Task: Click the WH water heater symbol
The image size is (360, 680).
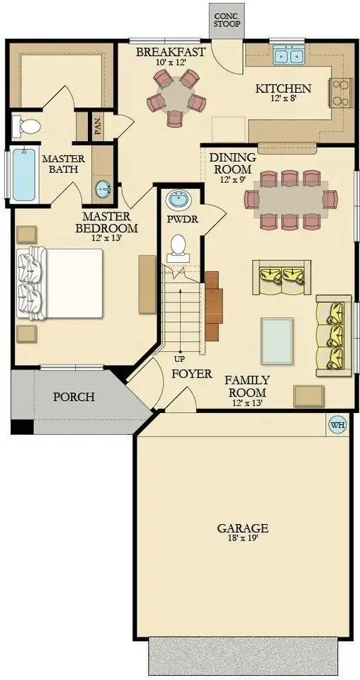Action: click(337, 425)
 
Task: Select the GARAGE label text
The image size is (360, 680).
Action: click(242, 528)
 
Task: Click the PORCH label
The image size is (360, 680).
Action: click(74, 397)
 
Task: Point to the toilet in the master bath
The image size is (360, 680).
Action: click(28, 127)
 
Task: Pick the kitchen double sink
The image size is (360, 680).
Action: click(289, 55)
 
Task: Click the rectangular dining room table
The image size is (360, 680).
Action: click(291, 200)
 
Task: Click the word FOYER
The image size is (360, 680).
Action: click(191, 373)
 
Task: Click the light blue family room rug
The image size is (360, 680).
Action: click(276, 339)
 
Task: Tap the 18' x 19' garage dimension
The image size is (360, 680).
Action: click(242, 540)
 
